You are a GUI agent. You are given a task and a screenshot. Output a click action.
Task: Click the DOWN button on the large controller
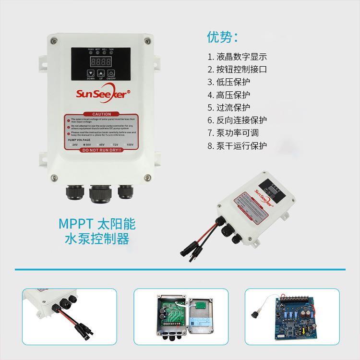coord(91,73)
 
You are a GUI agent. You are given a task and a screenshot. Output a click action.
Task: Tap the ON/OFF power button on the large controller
coord(111,73)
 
